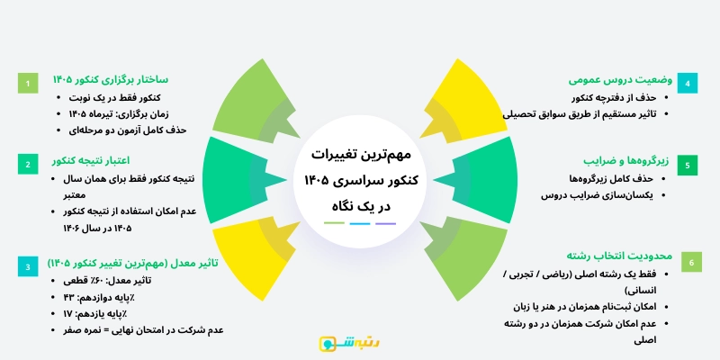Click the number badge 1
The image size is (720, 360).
click(28, 84)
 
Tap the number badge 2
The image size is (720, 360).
click(28, 164)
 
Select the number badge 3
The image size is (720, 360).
click(28, 266)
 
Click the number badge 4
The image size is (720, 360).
click(688, 84)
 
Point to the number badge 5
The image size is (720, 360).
click(688, 166)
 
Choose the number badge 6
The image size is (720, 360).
click(688, 263)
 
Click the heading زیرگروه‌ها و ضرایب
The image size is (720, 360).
click(616, 161)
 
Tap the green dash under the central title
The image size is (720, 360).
click(335, 222)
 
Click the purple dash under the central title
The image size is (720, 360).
click(385, 222)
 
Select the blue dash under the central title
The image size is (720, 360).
click(360, 222)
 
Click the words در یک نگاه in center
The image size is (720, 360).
click(360, 205)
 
